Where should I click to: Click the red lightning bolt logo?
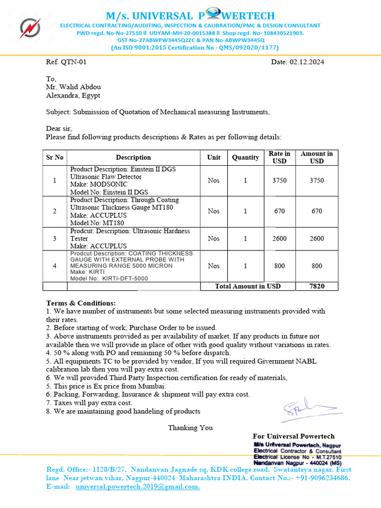coord(30,28)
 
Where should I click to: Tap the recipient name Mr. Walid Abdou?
coord(73,87)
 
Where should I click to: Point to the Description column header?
coord(133,157)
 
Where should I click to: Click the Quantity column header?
coord(246,157)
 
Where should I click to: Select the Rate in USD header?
coord(279,157)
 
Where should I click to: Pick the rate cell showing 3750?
coord(279,181)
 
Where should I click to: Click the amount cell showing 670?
coord(317,211)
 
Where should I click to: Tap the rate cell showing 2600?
coord(279,239)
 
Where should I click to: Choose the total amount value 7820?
coord(317,286)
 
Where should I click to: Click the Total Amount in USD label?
coord(248,286)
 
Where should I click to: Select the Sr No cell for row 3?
coord(55,239)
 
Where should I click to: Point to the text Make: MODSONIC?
coord(99,184)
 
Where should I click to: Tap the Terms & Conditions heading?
coord(81,303)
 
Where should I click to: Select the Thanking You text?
coord(190,428)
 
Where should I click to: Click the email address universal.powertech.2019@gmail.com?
coord(137,487)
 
